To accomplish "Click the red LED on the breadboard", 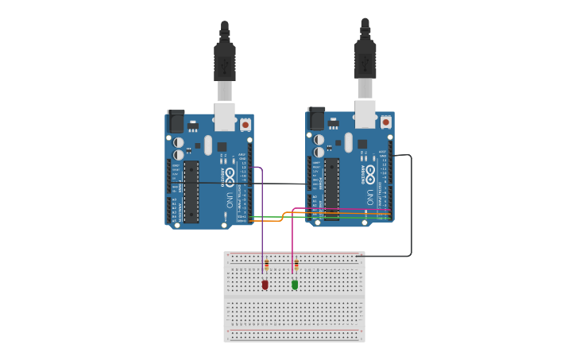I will click(x=265, y=285).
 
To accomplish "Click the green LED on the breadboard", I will click(x=295, y=285).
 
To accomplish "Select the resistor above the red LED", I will click(x=266, y=264).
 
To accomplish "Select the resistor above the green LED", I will click(x=296, y=264).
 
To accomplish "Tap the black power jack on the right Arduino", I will click(x=317, y=118).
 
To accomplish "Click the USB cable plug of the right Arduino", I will click(x=365, y=59).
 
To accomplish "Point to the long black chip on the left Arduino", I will click(x=191, y=192).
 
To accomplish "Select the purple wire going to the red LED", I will click(x=262, y=230).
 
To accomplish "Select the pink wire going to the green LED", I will click(x=292, y=238).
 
